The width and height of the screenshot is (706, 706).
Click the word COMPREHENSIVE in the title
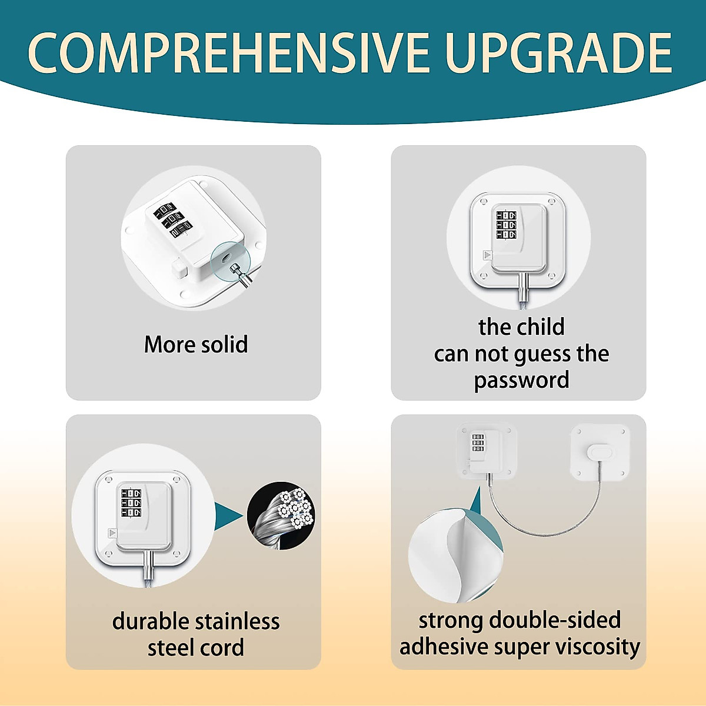click(x=228, y=53)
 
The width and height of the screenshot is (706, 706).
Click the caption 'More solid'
click(x=196, y=345)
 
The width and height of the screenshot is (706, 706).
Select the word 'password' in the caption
click(x=521, y=381)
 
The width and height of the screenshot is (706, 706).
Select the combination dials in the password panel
click(x=506, y=225)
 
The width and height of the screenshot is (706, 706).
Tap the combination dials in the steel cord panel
click(x=131, y=503)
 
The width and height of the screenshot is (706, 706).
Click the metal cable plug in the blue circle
click(x=239, y=272)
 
